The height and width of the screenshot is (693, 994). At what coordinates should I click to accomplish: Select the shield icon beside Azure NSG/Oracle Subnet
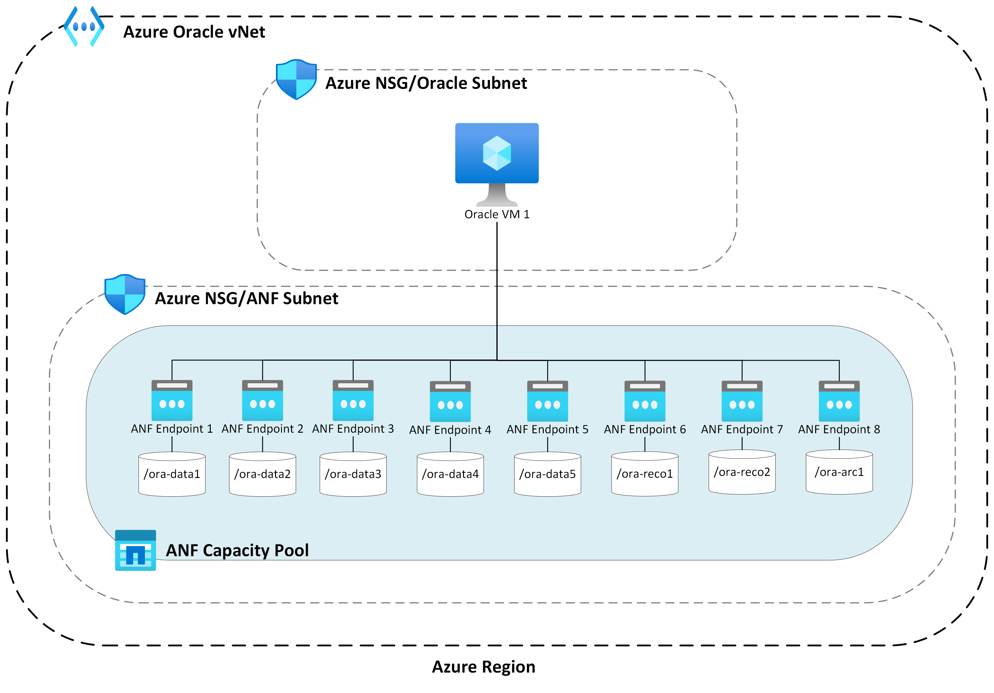(296, 80)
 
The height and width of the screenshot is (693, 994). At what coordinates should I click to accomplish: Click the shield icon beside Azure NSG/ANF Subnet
(125, 294)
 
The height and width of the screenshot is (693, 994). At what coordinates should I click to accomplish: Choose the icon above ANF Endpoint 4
(450, 402)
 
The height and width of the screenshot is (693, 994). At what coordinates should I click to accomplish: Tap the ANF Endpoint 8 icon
(839, 401)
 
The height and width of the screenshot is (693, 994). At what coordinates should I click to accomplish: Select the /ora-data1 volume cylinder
(172, 474)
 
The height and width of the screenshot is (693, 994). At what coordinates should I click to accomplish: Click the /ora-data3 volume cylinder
(353, 474)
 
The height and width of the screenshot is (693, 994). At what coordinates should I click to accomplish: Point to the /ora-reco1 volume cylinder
(645, 474)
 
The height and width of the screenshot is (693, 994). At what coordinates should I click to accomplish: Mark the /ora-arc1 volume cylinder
(839, 472)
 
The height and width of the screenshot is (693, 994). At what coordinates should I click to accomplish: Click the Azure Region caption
(484, 667)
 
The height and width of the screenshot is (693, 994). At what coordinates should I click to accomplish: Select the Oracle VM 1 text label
(497, 214)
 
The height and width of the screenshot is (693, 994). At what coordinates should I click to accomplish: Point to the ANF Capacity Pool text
(237, 551)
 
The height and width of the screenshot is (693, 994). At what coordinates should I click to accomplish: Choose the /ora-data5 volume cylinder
(547, 474)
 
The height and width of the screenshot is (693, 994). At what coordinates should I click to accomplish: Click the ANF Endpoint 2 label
(262, 429)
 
